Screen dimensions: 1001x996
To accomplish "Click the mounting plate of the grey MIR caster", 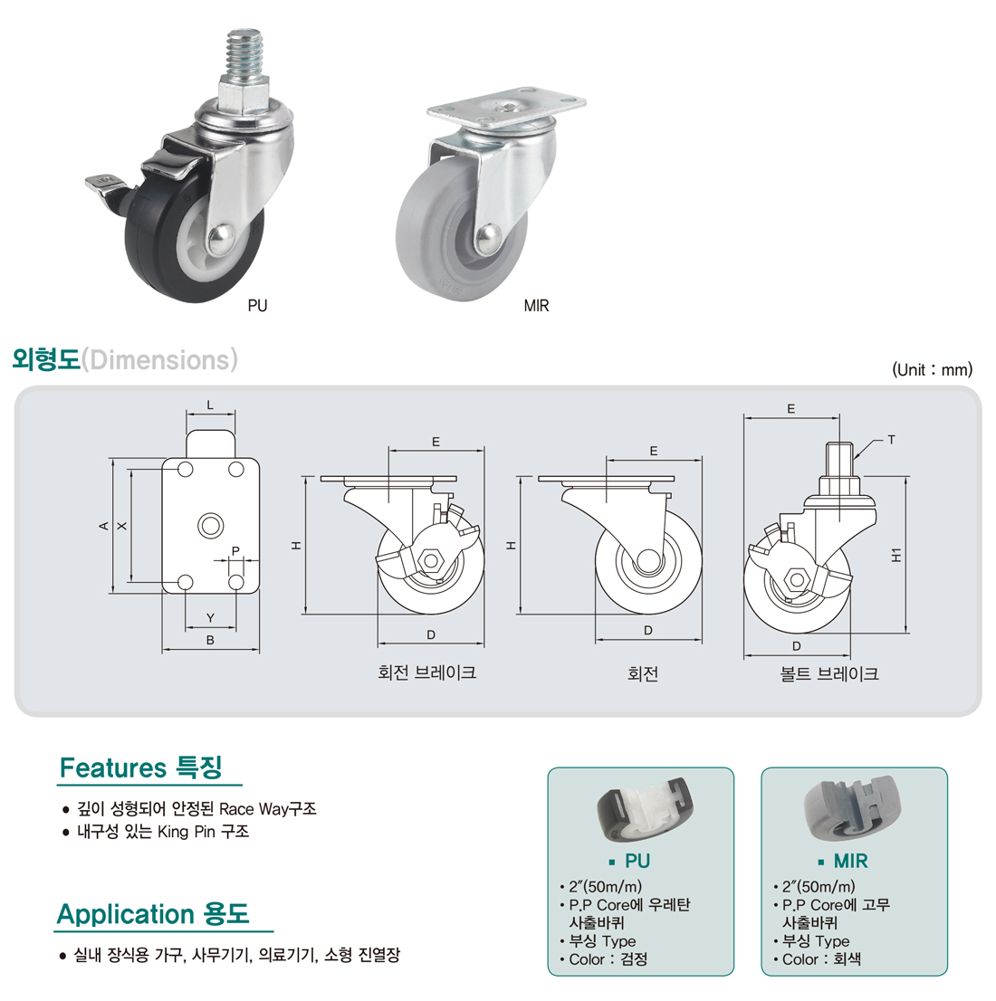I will pos(506,111).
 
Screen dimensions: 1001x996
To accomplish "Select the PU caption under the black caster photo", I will pos(257,306).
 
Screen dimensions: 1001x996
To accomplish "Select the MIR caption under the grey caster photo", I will pos(536,306).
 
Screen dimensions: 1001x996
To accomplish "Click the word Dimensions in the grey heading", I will pos(159,360).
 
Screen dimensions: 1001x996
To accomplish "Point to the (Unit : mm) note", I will pos(932,369).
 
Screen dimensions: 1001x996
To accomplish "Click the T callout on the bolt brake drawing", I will pos(891,440).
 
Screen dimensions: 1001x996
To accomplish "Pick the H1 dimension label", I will pos(896,554).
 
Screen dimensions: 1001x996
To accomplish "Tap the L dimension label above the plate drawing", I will pos(210,405).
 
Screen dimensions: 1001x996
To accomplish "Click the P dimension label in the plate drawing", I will pos(235,551).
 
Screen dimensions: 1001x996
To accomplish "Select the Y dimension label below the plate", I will pos(210,618).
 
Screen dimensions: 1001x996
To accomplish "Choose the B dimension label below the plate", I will pos(210,641).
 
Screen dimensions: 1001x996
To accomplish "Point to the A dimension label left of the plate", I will pos(104,526).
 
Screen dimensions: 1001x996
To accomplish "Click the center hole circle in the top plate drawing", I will pos(211,525).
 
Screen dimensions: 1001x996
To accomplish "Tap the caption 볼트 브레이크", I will pos(828,673).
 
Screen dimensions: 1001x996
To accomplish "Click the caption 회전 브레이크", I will pos(426,672).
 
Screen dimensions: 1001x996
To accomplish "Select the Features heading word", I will pos(112,768).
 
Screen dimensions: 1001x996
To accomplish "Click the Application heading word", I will pos(126,914).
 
